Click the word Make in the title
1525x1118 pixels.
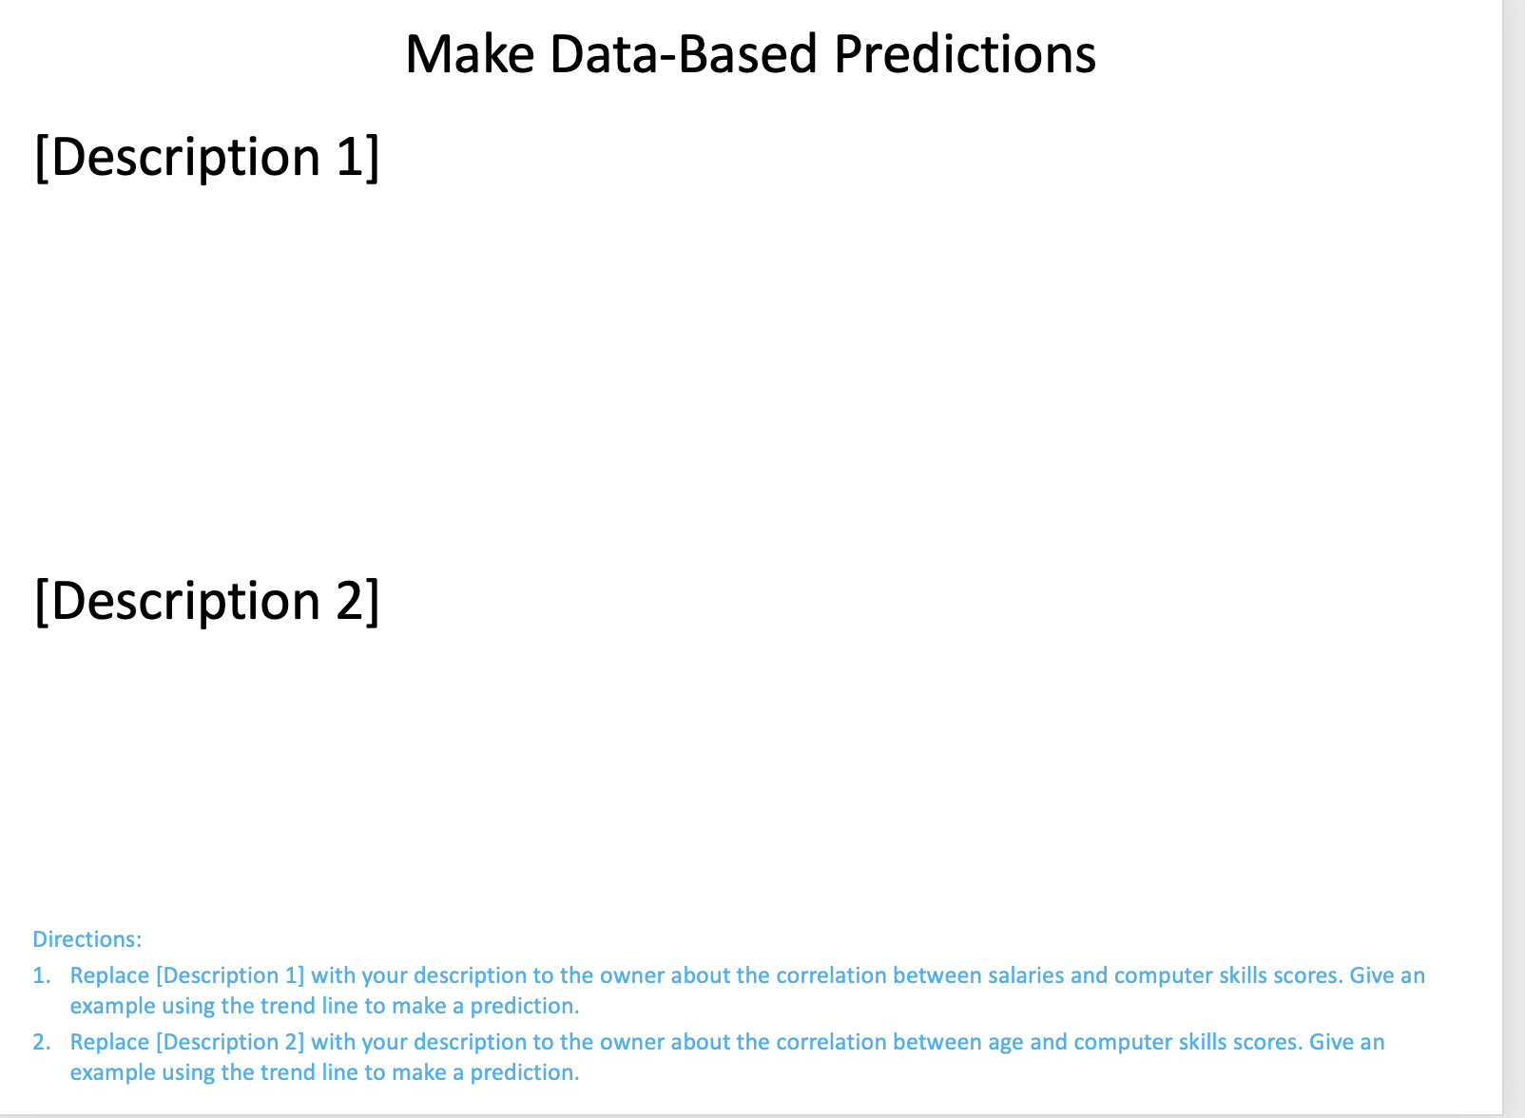point(469,54)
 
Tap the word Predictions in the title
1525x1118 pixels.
point(964,54)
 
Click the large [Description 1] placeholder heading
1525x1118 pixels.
point(206,157)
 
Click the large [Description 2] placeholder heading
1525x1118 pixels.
point(206,601)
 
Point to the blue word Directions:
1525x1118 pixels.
point(87,939)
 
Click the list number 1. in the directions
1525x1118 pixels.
point(41,975)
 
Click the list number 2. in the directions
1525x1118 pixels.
point(41,1042)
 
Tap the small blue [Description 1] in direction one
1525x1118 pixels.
point(229,975)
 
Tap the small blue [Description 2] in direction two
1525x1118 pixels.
point(229,1042)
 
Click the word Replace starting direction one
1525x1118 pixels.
point(109,975)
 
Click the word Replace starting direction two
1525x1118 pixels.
point(109,1042)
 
